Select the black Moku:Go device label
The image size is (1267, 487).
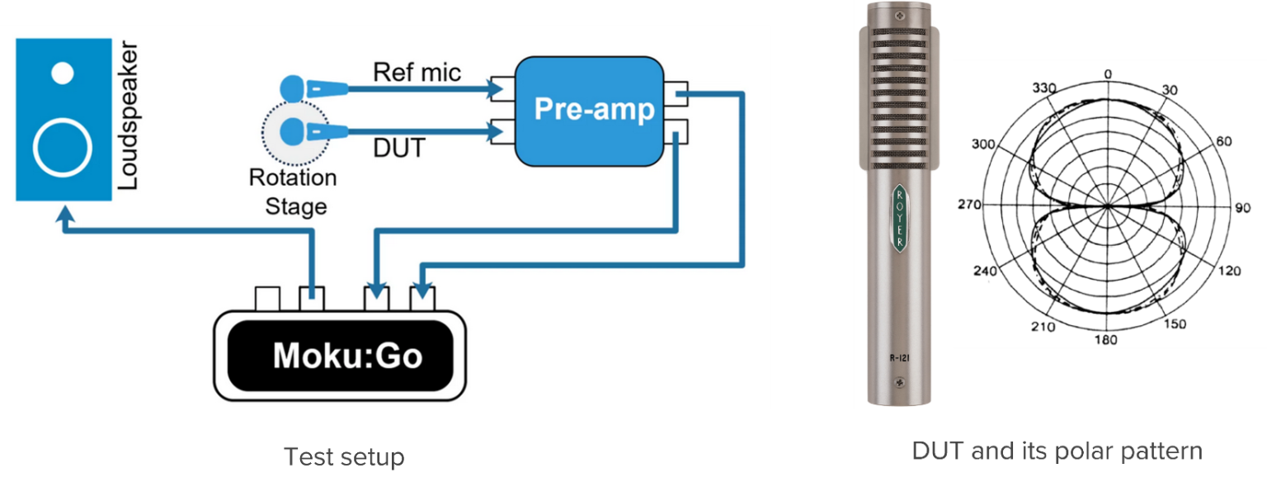347,355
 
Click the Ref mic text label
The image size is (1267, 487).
417,72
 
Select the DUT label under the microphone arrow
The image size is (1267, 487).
399,148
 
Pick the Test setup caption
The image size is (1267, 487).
344,456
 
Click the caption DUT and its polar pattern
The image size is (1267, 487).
1057,451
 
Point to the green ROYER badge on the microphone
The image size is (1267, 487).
898,218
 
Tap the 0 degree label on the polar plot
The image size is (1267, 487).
1108,74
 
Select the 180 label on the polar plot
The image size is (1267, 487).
1106,340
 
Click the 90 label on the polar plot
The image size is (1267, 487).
1236,208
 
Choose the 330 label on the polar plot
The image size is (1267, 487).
1043,88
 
